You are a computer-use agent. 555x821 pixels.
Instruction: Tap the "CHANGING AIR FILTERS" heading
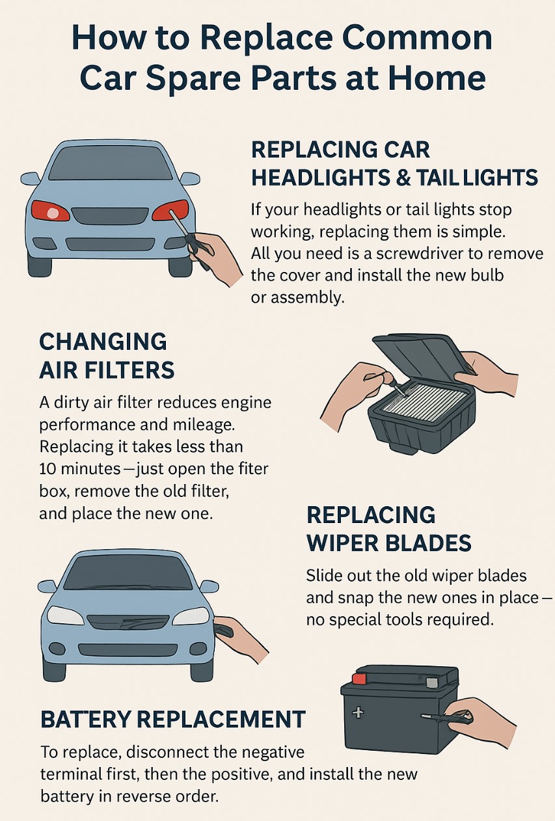click(107, 356)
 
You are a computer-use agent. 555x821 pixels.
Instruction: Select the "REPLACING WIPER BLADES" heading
click(389, 528)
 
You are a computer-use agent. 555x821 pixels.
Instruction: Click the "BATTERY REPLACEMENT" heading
click(173, 720)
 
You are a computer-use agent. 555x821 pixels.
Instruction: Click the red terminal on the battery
click(359, 679)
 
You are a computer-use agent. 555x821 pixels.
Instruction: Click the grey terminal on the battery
click(432, 682)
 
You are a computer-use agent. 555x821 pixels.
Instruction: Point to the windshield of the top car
click(111, 163)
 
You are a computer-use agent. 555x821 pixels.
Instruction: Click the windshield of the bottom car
click(128, 572)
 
